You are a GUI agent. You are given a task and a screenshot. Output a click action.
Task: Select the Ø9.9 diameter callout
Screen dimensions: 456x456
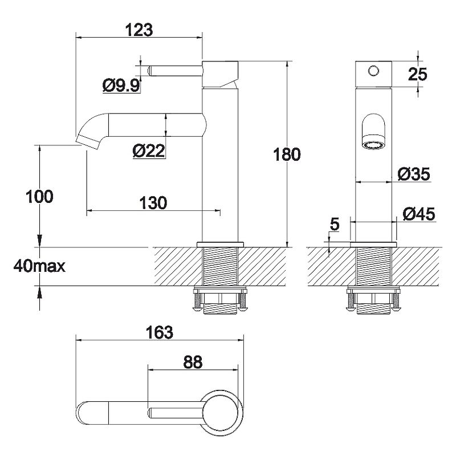(x=121, y=85)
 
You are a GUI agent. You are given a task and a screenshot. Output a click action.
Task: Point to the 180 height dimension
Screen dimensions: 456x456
(x=287, y=155)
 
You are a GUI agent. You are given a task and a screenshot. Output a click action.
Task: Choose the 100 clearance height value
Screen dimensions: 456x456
(x=40, y=197)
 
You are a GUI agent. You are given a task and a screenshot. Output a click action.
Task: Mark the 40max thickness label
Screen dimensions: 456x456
(x=40, y=266)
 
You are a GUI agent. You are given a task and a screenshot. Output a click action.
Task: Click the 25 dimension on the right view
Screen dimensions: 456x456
(x=418, y=74)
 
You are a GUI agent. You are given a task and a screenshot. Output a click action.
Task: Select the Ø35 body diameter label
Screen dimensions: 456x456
(x=414, y=174)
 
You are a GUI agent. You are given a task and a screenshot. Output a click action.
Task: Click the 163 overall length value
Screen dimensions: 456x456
(x=160, y=332)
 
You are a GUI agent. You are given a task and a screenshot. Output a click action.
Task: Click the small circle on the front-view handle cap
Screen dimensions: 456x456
(x=373, y=71)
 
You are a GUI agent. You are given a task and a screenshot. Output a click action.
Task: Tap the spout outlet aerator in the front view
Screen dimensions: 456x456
(x=373, y=144)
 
